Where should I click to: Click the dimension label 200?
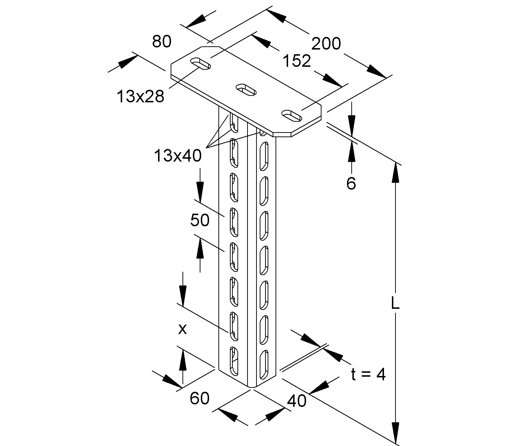[x=326, y=44]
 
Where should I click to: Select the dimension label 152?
[x=296, y=61]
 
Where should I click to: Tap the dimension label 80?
[x=161, y=42]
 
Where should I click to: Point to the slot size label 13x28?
[x=140, y=96]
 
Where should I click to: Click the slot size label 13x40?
[x=178, y=156]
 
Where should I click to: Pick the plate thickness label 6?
[x=351, y=183]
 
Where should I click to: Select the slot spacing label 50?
[x=200, y=220]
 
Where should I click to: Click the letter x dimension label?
[x=182, y=329]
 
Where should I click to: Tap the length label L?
[x=395, y=304]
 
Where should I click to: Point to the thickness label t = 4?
[x=369, y=375]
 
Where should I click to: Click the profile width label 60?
[x=199, y=398]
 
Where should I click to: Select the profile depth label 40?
[x=297, y=400]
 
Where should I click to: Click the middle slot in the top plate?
[x=246, y=89]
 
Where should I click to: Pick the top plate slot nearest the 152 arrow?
[x=291, y=115]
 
